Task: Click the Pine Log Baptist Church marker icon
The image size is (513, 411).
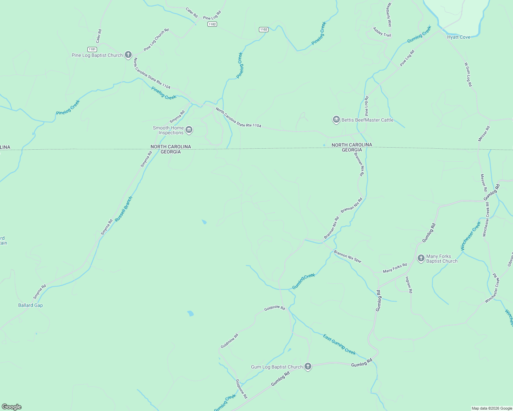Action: (x=128, y=55)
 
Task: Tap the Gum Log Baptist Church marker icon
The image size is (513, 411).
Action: (x=308, y=366)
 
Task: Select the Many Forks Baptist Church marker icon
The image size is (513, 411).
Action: (x=421, y=258)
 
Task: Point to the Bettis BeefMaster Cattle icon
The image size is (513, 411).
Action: (x=336, y=120)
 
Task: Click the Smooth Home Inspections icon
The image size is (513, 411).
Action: (x=189, y=130)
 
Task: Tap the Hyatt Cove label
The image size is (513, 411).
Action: (x=459, y=37)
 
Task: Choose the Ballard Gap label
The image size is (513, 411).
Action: (x=31, y=305)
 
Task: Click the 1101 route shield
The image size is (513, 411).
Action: (x=92, y=49)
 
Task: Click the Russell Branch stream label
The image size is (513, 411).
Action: (x=123, y=209)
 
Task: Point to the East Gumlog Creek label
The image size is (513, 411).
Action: (x=339, y=345)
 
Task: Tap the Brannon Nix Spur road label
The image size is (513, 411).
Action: (x=348, y=256)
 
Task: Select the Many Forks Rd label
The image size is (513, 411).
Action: (x=395, y=268)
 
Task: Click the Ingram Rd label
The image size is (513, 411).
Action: (x=409, y=285)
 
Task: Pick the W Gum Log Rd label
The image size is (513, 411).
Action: (x=468, y=74)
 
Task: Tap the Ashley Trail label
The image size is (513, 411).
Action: (x=382, y=32)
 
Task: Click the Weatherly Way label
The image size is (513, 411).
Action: (x=389, y=15)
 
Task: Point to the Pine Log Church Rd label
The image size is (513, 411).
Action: (x=156, y=40)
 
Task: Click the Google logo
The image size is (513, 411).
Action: (x=12, y=407)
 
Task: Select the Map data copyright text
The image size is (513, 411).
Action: (x=492, y=408)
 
